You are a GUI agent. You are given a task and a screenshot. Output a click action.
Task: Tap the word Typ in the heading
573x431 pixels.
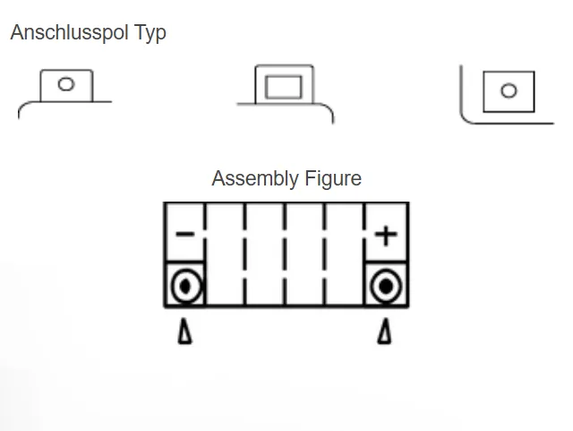150,33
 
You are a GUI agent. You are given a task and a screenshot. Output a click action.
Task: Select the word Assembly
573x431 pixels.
254,178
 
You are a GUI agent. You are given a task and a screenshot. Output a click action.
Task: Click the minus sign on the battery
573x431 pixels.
184,235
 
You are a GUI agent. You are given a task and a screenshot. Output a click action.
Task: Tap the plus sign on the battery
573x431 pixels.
386,236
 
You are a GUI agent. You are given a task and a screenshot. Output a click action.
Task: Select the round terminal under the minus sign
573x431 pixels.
185,287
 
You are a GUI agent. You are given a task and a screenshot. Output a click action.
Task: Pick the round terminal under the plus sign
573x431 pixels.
386,287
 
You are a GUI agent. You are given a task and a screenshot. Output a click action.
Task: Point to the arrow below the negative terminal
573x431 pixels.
184,333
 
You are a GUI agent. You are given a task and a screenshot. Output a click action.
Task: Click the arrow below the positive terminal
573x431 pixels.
385,333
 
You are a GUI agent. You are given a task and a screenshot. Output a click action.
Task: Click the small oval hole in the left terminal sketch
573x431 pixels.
65,85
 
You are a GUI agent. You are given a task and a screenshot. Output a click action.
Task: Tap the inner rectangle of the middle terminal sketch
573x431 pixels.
285,88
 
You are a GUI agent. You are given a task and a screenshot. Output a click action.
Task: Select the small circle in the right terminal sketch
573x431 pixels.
509,91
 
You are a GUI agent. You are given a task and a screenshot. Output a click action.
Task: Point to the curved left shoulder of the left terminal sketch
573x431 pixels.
22,107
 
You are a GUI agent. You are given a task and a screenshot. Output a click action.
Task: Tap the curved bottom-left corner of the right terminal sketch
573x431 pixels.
466,116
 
